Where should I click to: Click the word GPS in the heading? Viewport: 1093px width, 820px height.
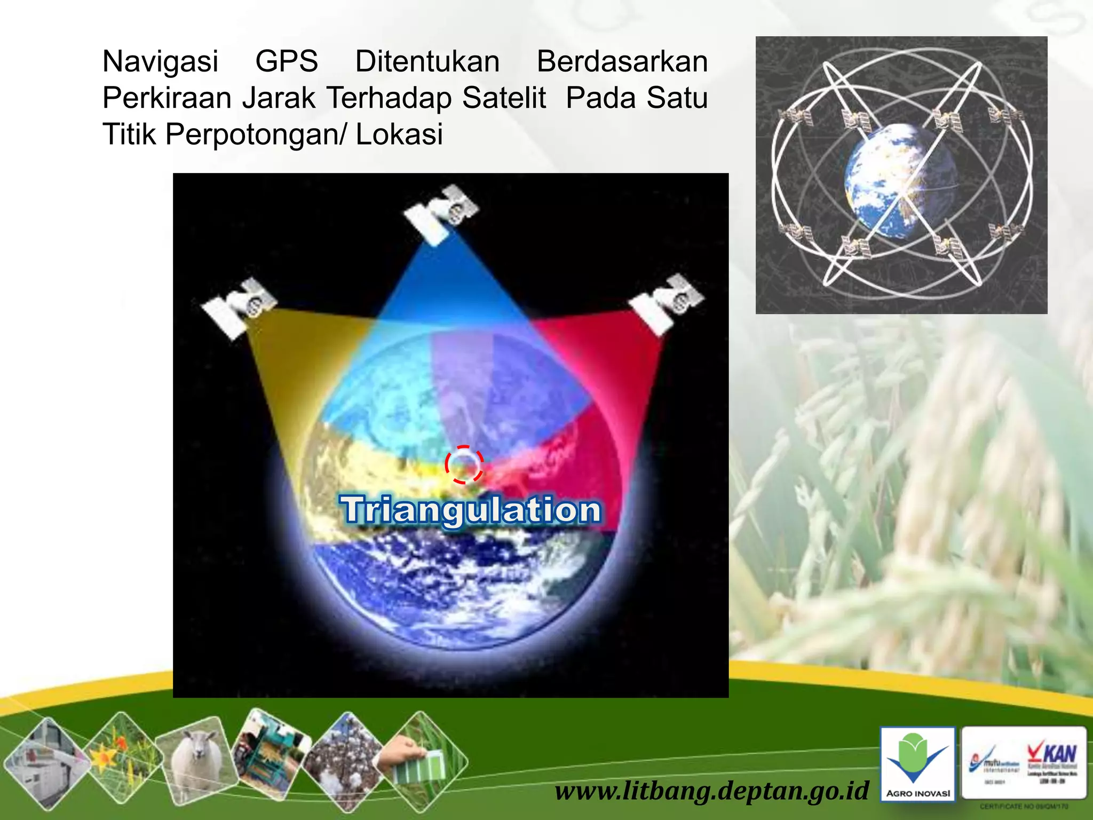click(287, 61)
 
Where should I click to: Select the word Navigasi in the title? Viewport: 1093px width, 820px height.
click(160, 61)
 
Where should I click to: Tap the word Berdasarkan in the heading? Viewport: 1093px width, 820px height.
click(622, 61)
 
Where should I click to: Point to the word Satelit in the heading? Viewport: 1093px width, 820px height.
click(504, 98)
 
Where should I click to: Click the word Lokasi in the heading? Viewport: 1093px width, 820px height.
click(399, 134)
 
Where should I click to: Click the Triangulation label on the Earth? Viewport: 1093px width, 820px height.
click(471, 510)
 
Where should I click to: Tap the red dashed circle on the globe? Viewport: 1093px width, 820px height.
click(464, 464)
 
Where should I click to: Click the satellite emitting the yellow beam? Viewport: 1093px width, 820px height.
click(239, 307)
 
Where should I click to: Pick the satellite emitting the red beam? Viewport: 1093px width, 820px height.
click(666, 303)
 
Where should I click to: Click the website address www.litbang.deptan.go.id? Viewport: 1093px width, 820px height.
click(712, 790)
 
